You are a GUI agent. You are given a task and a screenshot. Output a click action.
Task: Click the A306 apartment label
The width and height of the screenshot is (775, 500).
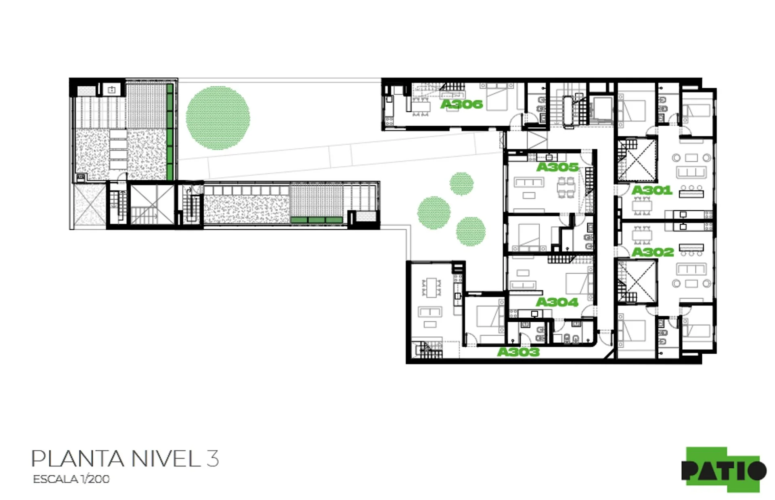click(x=461, y=104)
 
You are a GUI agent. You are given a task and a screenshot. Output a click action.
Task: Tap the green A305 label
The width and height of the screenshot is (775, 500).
click(x=557, y=167)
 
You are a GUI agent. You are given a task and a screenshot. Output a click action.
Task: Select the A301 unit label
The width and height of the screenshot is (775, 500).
click(x=652, y=190)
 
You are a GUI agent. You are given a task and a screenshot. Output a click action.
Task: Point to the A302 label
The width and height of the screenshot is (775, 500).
click(x=653, y=252)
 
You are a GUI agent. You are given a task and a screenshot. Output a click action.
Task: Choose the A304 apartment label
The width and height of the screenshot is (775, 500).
click(x=557, y=302)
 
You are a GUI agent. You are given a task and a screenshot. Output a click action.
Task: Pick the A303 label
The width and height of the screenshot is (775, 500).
click(x=518, y=352)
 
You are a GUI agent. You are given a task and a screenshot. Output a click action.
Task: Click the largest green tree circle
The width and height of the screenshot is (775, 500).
click(x=218, y=118)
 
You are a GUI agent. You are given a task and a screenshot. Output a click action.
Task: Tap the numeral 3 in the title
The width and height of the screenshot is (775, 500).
click(x=213, y=458)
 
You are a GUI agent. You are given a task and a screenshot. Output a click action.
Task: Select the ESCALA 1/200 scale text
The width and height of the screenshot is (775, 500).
click(x=71, y=479)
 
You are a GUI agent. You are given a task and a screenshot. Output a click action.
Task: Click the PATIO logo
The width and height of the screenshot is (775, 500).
click(x=724, y=470)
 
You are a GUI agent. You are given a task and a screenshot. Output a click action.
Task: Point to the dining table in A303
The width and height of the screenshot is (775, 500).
click(x=432, y=287)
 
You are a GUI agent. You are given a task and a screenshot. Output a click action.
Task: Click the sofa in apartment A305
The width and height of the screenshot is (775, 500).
click(x=529, y=183)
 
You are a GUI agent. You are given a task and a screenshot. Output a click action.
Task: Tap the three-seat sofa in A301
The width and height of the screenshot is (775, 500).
click(x=691, y=173)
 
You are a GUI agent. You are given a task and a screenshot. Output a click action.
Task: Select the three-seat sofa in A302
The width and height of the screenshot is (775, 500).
click(x=691, y=269)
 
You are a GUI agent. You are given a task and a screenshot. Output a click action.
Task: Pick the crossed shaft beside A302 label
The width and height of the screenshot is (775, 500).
click(x=637, y=281)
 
